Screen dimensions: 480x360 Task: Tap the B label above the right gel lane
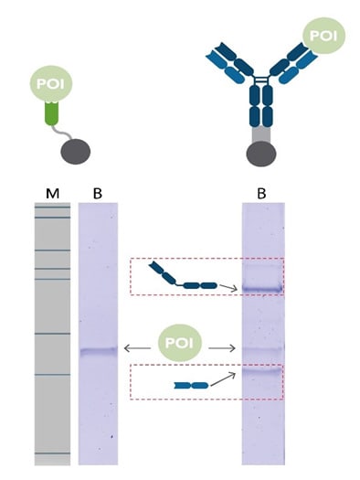pyautogui.click(x=260, y=192)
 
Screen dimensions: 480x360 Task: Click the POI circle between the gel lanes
pyautogui.click(x=180, y=347)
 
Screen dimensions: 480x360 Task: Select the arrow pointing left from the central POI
pyautogui.click(x=138, y=348)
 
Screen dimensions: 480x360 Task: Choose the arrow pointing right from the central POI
pyautogui.click(x=222, y=348)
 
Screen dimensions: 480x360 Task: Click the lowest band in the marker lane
pyautogui.click(x=51, y=453)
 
